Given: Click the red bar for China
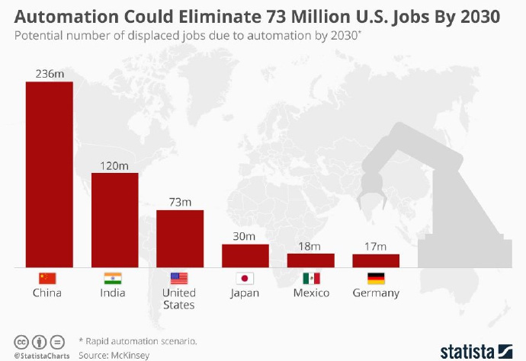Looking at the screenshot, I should point(50,174).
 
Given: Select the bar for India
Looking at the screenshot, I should point(115,220).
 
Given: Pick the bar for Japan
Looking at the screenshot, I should point(245,255).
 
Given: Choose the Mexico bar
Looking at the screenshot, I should point(311,260).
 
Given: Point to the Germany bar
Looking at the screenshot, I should point(376,260).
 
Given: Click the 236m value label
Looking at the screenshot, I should point(50,73).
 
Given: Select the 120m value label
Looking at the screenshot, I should point(115,165).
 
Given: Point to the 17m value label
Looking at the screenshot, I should point(376,245).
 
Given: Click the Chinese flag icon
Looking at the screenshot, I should point(49,278).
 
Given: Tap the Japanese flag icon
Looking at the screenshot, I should point(245,278).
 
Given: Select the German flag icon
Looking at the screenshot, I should point(376,278).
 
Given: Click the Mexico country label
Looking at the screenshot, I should point(311,293).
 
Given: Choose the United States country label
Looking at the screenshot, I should point(180,299).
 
